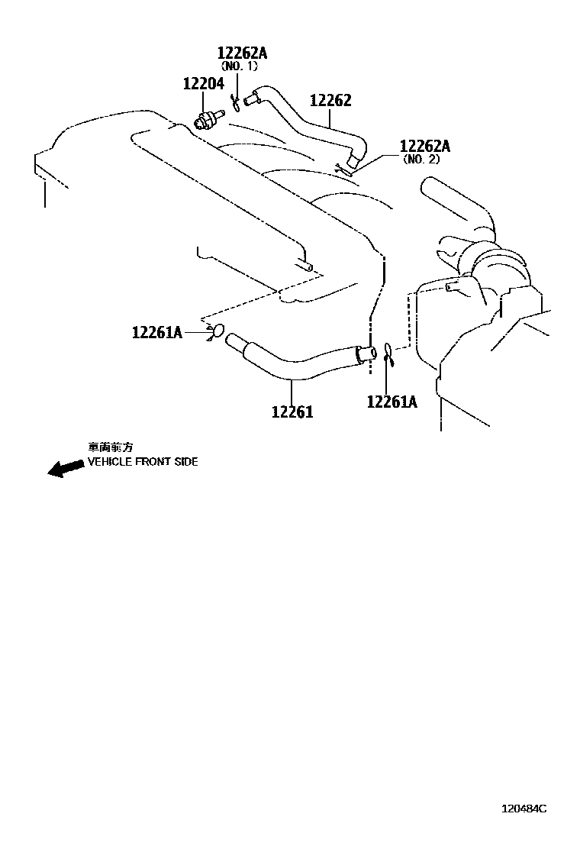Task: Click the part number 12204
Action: pyautogui.click(x=203, y=84)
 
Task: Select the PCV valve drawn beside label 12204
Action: pyautogui.click(x=208, y=119)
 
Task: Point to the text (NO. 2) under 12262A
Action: pyautogui.click(x=422, y=160)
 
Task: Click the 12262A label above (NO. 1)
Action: pyautogui.click(x=243, y=53)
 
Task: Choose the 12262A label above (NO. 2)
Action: pyautogui.click(x=425, y=146)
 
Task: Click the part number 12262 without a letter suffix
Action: pyautogui.click(x=330, y=101)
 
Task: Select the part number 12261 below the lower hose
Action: pyautogui.click(x=292, y=412)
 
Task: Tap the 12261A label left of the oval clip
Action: pyautogui.click(x=157, y=332)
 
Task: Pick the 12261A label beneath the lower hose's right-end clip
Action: pyautogui.click(x=392, y=402)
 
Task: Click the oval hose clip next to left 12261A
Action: pyautogui.click(x=216, y=332)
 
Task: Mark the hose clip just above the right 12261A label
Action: pyautogui.click(x=388, y=352)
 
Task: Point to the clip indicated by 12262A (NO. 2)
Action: pyautogui.click(x=341, y=166)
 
